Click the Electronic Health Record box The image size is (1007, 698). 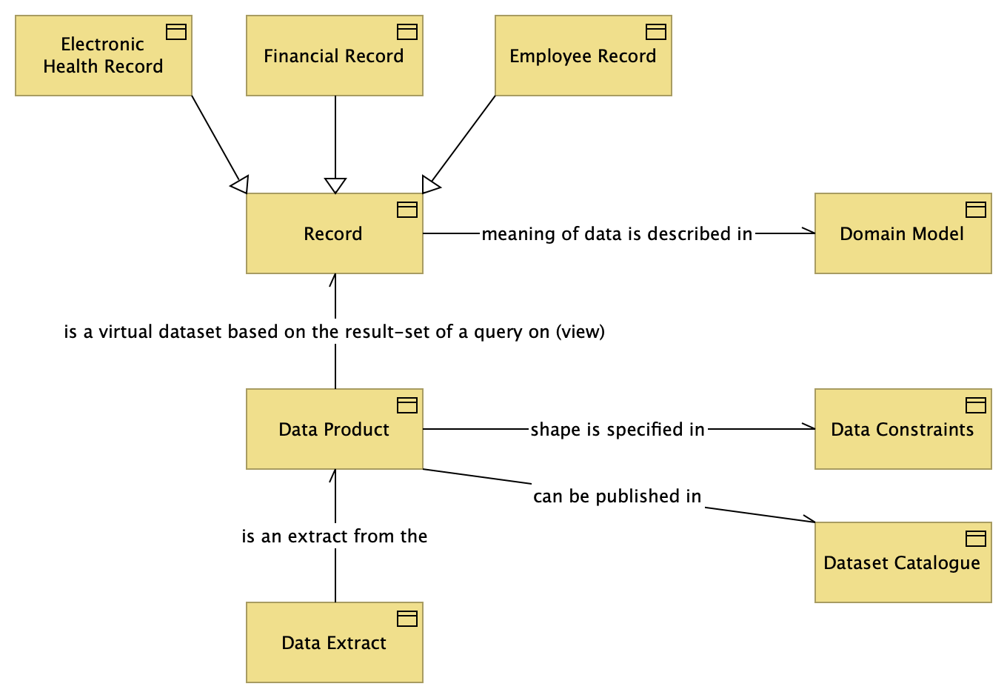coord(103,56)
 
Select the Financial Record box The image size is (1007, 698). coord(334,56)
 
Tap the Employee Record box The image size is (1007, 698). coord(583,56)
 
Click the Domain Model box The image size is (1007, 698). coord(903,233)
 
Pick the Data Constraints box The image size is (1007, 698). coord(903,429)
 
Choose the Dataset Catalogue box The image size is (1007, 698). coord(903,562)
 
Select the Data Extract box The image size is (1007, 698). coord(334,642)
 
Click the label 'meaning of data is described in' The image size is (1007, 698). coord(617,234)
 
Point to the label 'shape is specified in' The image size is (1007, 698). coord(618,430)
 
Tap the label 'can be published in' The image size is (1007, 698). coord(617,496)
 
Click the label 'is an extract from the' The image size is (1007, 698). coord(335,536)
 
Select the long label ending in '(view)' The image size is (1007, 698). coord(335,332)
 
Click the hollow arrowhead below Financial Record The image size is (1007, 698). coord(335,185)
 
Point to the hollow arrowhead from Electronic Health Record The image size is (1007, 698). coord(241,185)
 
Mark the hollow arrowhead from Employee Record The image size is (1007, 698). coord(430,185)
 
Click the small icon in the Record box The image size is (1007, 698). coord(407,210)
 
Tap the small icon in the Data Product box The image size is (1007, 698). coord(407,405)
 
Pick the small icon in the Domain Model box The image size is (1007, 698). coord(976,210)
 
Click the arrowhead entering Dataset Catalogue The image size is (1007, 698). coord(809,520)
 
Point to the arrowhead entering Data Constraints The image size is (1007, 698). coord(809,428)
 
